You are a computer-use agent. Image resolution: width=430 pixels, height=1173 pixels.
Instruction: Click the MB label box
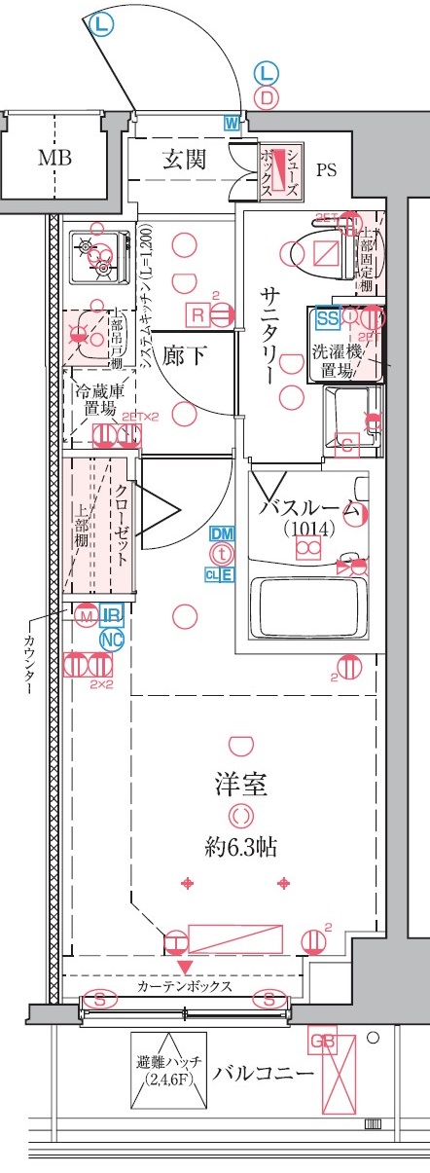tap(54, 158)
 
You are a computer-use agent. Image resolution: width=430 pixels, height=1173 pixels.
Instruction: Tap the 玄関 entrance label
tap(183, 159)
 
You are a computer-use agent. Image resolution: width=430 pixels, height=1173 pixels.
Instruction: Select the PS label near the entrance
tap(326, 170)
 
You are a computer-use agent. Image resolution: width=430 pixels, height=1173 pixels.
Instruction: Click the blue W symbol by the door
tap(232, 123)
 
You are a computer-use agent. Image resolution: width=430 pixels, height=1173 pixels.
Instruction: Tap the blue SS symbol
tap(326, 316)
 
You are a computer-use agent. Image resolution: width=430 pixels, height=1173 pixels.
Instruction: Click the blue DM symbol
tap(223, 533)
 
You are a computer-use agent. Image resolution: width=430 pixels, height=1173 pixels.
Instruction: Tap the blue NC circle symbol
tap(113, 640)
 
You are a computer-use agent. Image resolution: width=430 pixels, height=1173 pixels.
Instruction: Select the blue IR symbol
tap(113, 614)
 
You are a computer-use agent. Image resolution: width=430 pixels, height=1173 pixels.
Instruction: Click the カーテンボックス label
tap(184, 986)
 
